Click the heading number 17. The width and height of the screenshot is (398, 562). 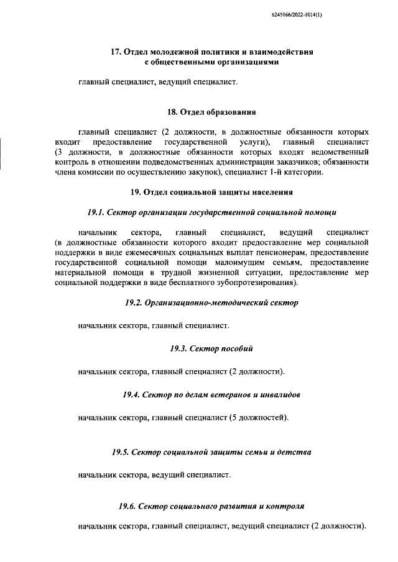pyautogui.click(x=114, y=52)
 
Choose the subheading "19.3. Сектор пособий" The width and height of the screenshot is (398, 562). pyautogui.click(x=211, y=348)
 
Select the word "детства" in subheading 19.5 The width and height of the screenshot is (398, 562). pyautogui.click(x=292, y=451)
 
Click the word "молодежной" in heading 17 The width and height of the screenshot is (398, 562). pyautogui.click(x=164, y=52)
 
